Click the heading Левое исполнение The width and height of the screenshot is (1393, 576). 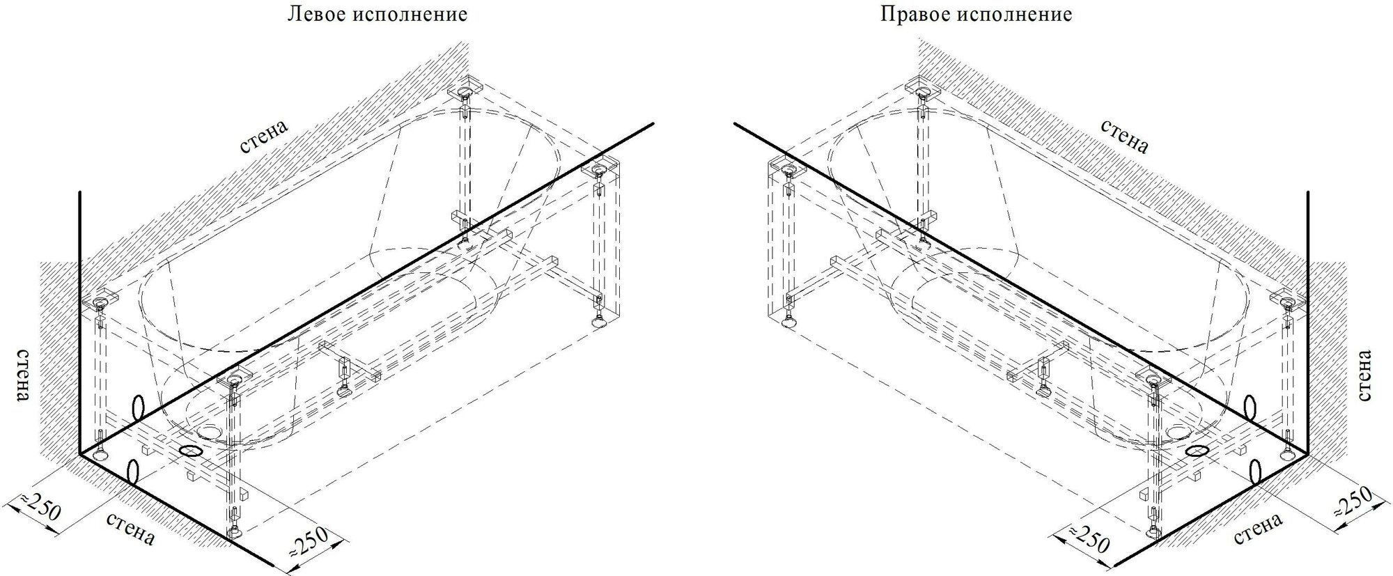[x=377, y=15]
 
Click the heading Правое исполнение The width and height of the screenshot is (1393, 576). [x=976, y=15]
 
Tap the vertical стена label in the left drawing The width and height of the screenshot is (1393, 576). [x=22, y=375]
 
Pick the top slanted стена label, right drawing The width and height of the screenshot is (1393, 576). [x=1124, y=136]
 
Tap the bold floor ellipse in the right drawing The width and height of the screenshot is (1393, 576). [x=1197, y=451]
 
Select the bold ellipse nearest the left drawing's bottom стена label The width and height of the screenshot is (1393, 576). [x=131, y=472]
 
